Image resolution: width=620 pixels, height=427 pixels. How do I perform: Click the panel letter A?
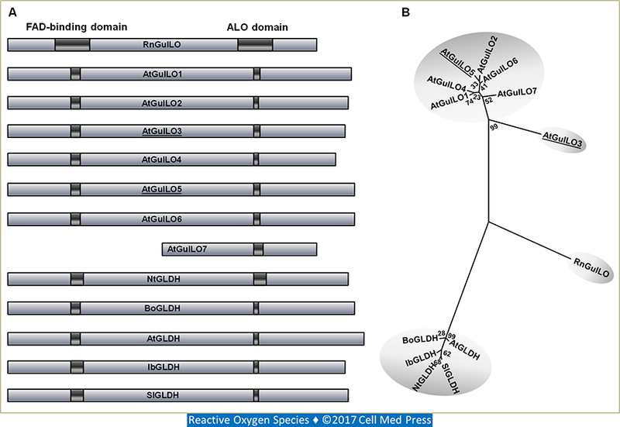(x=11, y=12)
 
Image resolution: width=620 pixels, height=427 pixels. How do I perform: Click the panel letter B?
(x=405, y=12)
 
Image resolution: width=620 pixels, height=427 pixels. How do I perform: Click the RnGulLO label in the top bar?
(x=161, y=46)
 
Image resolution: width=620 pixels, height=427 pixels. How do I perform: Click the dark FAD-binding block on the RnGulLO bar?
(x=72, y=46)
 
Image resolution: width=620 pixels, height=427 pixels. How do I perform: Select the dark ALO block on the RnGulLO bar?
(x=254, y=46)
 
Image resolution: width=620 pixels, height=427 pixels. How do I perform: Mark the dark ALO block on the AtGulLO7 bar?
(x=258, y=249)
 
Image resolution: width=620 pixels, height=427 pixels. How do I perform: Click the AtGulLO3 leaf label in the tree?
(x=563, y=138)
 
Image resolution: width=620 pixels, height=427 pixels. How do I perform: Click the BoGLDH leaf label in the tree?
(x=419, y=339)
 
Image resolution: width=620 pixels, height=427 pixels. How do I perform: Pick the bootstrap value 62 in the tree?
(x=447, y=353)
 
